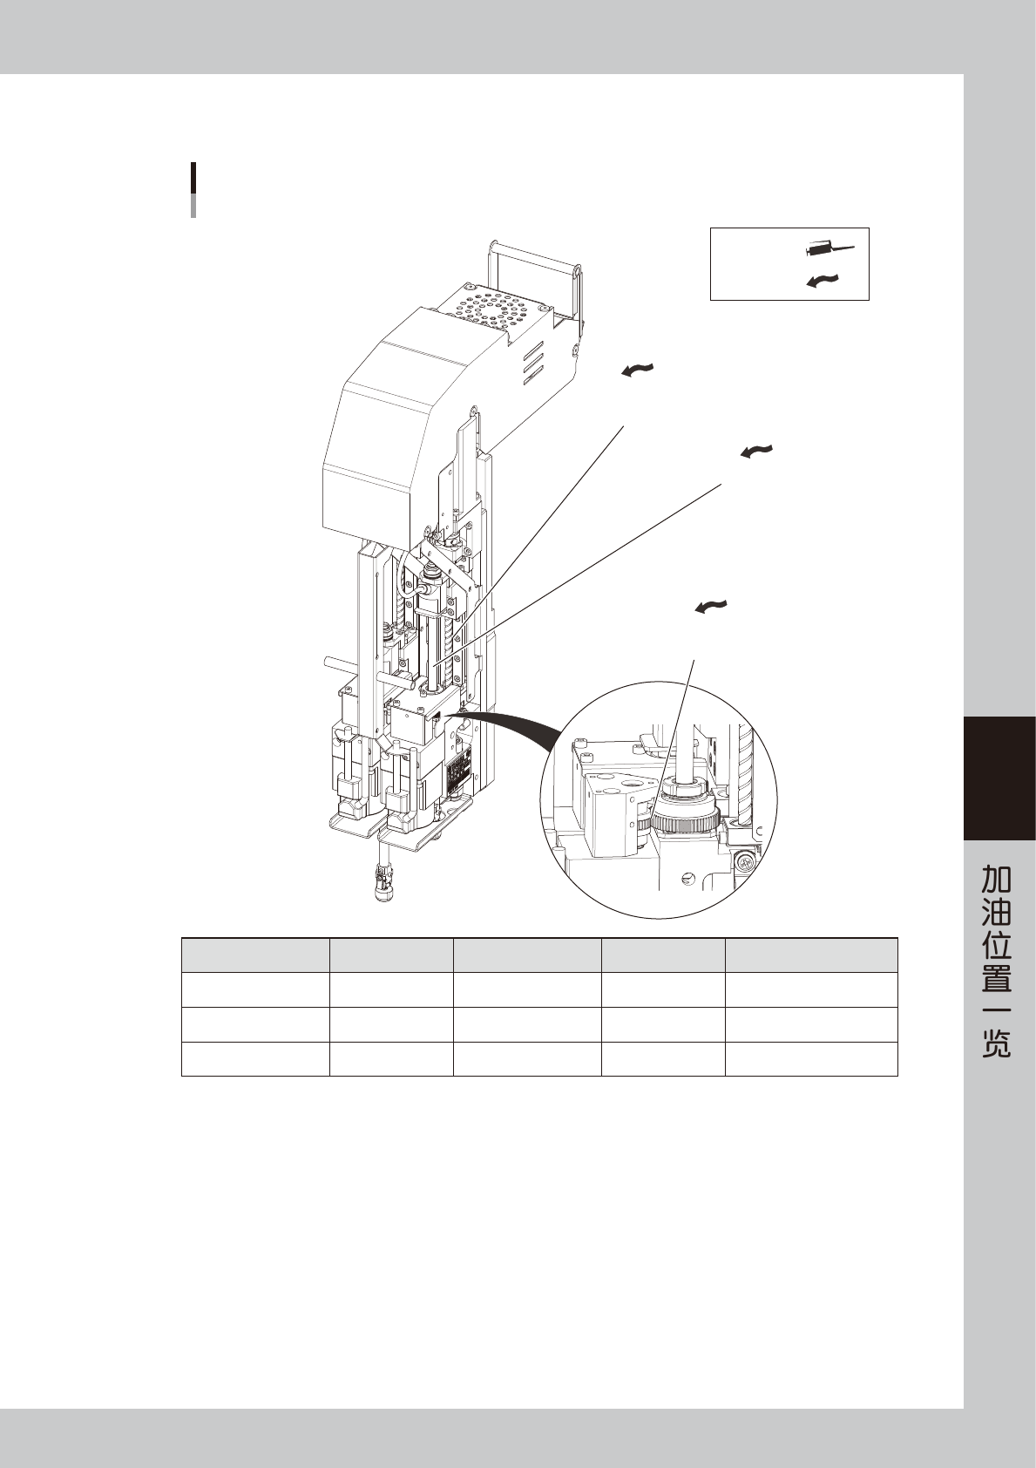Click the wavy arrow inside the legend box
pos(823,280)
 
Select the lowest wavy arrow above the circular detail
pos(712,606)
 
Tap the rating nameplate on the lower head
pos(458,773)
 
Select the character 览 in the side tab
pos(997,1043)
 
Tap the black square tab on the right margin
pos(999,778)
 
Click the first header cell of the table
pos(255,955)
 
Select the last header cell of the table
pos(810,955)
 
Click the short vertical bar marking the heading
pos(193,188)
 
